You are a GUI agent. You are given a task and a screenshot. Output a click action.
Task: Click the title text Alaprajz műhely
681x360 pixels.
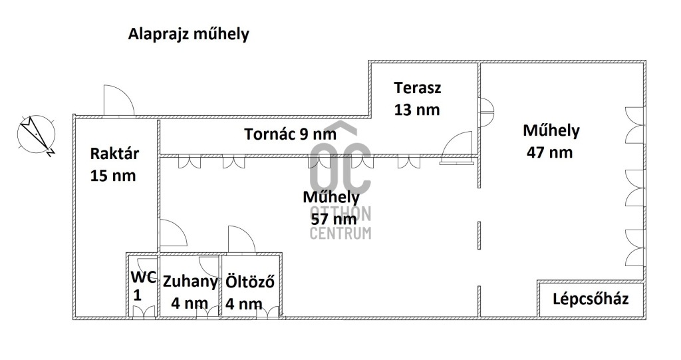pos(188,35)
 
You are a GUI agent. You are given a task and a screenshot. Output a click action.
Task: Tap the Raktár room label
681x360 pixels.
pos(114,154)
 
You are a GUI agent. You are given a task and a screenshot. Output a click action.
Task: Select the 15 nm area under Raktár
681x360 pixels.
pos(114,176)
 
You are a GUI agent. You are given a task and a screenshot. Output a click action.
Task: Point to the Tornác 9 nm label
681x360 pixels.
pos(291,134)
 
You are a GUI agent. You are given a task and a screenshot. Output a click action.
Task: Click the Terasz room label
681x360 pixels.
pos(417,87)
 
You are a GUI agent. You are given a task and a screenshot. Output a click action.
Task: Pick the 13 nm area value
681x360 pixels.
pos(417,110)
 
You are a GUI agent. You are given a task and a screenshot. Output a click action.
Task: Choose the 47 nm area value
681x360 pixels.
pos(549,152)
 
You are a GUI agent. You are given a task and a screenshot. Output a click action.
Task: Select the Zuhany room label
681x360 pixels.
pos(190,281)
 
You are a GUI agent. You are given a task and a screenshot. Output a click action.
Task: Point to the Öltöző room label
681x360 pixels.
pos(250,281)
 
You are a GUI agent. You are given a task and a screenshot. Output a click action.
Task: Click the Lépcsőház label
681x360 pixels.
pos(591,298)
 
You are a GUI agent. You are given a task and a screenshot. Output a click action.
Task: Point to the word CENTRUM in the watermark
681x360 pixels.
pos(340,233)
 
